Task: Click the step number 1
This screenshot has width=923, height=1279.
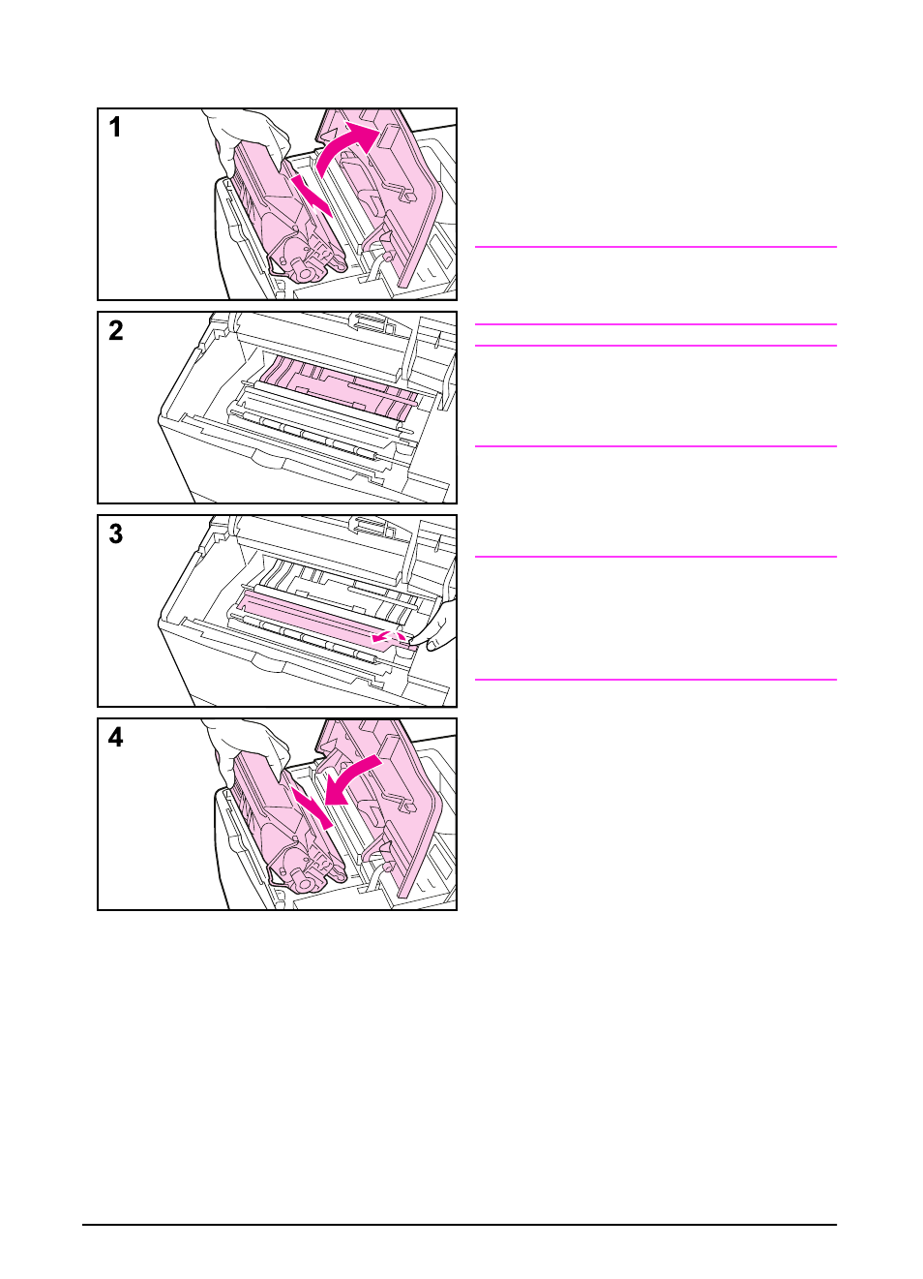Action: pyautogui.click(x=115, y=128)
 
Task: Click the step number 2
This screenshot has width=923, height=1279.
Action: pyautogui.click(x=115, y=331)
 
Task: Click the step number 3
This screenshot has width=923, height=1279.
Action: pyautogui.click(x=115, y=534)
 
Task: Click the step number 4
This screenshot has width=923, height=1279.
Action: pyautogui.click(x=115, y=738)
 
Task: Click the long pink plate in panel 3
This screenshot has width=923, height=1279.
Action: pyautogui.click(x=310, y=620)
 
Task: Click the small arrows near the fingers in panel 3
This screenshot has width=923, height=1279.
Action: pyautogui.click(x=387, y=637)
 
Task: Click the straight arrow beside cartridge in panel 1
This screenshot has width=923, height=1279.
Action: pyautogui.click(x=312, y=196)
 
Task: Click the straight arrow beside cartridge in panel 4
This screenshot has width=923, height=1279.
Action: pyautogui.click(x=312, y=807)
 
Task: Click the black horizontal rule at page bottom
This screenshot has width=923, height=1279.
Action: pyautogui.click(x=460, y=1225)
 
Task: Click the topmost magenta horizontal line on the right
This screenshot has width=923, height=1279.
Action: pyautogui.click(x=655, y=247)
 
